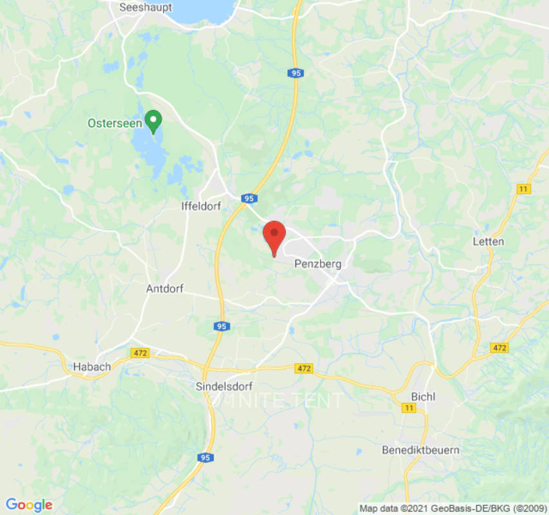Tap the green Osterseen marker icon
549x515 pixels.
pyautogui.click(x=153, y=120)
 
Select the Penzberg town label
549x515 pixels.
pyautogui.click(x=317, y=263)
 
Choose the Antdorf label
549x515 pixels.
pyautogui.click(x=165, y=288)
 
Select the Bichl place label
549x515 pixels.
pyautogui.click(x=423, y=397)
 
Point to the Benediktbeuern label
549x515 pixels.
pyautogui.click(x=421, y=449)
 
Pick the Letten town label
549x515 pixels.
pyautogui.click(x=489, y=241)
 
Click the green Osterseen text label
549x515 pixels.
pyautogui.click(x=115, y=123)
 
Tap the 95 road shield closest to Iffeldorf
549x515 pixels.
pyautogui.click(x=248, y=199)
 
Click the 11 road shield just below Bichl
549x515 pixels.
pyautogui.click(x=409, y=408)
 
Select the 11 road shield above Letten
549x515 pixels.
pyautogui.click(x=523, y=189)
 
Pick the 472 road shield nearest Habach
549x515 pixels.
pyautogui.click(x=139, y=353)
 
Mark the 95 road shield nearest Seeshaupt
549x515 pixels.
pyautogui.click(x=295, y=73)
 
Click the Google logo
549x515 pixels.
pyautogui.click(x=29, y=505)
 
